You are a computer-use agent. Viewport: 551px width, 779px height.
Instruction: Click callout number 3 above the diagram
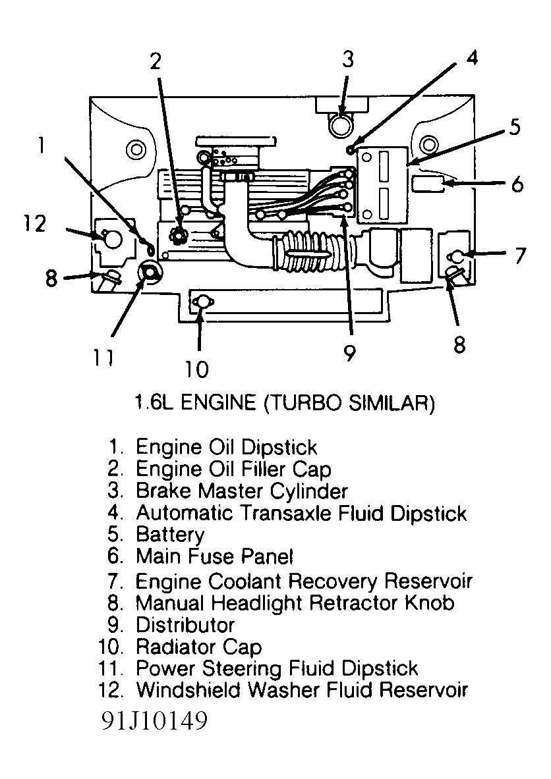[x=347, y=60]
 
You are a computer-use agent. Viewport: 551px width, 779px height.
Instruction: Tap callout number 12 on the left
[x=32, y=224]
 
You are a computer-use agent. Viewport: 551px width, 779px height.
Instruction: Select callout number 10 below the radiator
[x=196, y=368]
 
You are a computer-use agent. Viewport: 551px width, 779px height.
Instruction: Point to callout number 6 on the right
[x=517, y=184]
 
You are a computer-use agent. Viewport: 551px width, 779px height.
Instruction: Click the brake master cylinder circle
[x=341, y=122]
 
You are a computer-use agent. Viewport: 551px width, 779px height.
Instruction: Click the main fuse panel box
[x=428, y=183]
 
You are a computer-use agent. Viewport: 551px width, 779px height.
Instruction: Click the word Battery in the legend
[x=170, y=534]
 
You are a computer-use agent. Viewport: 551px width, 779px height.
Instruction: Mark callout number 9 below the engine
[x=349, y=354]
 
